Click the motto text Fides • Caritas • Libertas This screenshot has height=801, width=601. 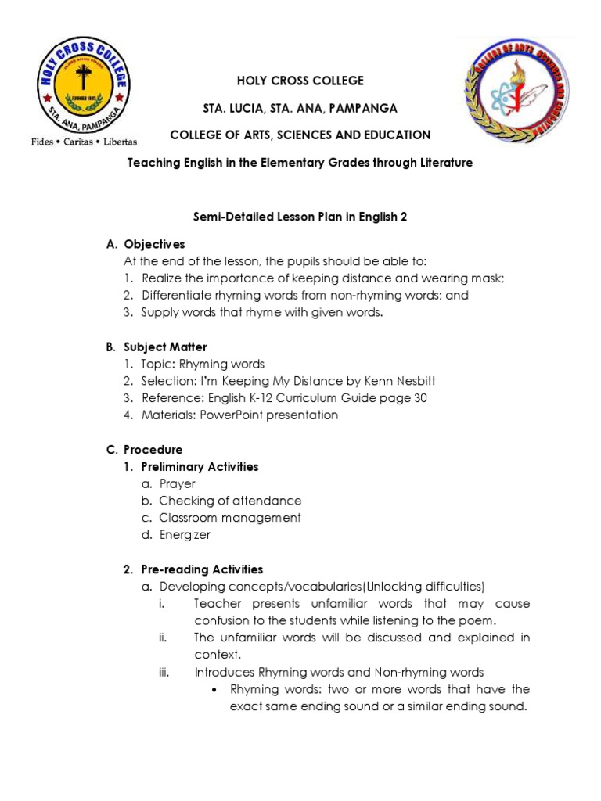pos(83,142)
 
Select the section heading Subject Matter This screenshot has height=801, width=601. pos(165,347)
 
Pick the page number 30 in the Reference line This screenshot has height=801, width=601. pos(419,398)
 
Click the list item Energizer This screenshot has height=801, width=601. pos(185,535)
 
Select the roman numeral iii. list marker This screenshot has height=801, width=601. pos(164,672)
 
